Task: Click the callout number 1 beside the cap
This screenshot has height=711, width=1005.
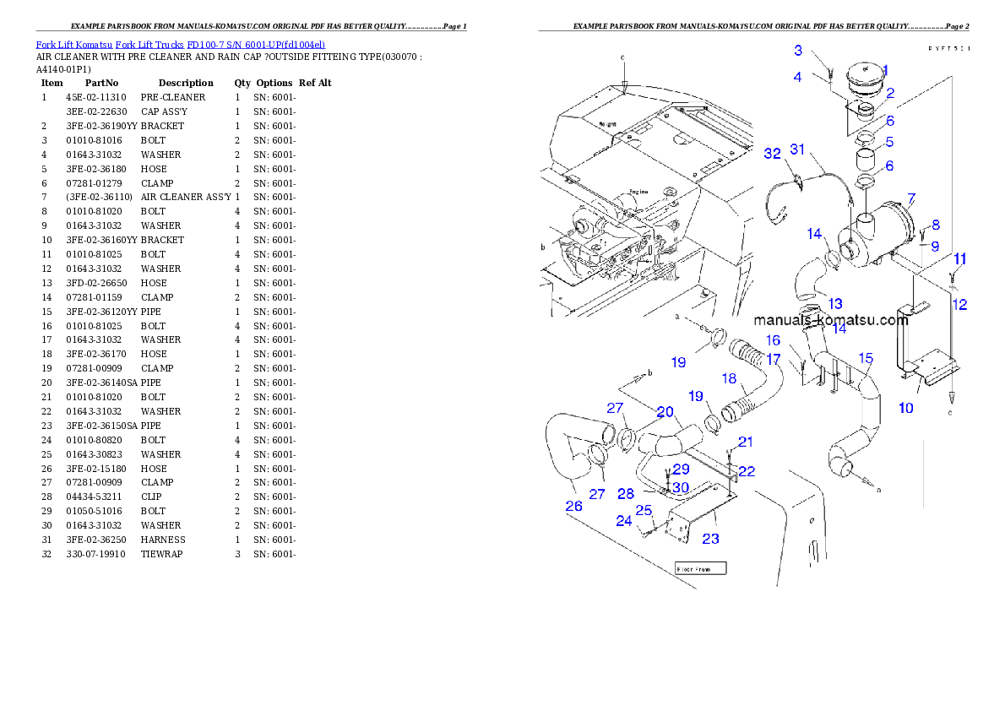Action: (x=885, y=71)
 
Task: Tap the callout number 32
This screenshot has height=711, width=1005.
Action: (x=772, y=154)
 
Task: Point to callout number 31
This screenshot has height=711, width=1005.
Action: (x=798, y=149)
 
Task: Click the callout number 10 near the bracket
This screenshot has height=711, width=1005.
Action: (x=905, y=408)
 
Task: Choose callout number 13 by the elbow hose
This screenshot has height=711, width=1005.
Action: (x=834, y=303)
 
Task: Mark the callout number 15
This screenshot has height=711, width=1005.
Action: (x=866, y=358)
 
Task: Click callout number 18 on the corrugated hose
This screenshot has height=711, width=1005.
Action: (x=728, y=378)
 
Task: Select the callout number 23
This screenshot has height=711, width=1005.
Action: (x=711, y=538)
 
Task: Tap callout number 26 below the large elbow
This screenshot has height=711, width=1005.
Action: (x=573, y=507)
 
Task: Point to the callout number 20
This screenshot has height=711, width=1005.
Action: (x=665, y=411)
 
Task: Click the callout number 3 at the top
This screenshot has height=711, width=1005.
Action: (x=798, y=51)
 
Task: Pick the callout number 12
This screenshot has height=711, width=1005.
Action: (x=959, y=305)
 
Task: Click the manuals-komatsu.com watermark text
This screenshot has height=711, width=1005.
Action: (x=830, y=321)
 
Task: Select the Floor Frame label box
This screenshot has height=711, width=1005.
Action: (x=700, y=568)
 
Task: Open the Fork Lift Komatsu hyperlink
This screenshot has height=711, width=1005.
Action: (x=180, y=44)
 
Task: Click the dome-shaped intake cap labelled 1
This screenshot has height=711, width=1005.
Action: (x=860, y=81)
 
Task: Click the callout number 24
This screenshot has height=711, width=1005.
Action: (x=623, y=521)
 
